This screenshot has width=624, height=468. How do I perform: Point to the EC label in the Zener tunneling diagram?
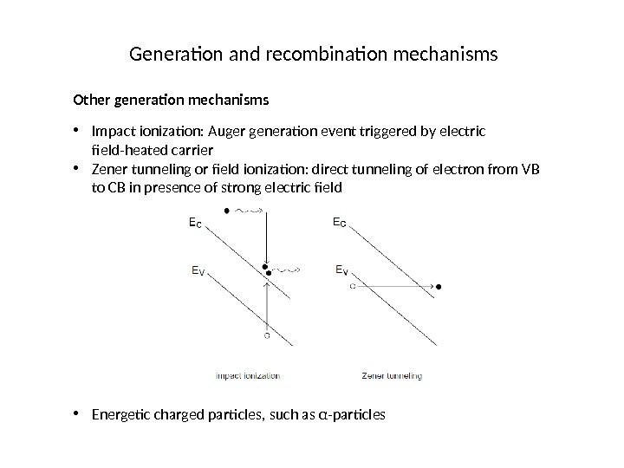pyautogui.click(x=343, y=223)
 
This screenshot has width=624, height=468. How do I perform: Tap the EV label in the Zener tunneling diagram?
pyautogui.click(x=343, y=270)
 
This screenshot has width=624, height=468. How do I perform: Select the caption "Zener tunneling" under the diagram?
pyautogui.click(x=391, y=376)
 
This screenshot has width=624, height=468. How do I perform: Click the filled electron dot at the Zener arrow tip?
pyautogui.click(x=439, y=285)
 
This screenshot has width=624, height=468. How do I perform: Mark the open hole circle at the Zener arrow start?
pyautogui.click(x=353, y=285)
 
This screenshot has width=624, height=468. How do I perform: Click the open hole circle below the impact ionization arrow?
pyautogui.click(x=268, y=335)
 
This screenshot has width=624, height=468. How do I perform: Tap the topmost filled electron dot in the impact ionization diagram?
pyautogui.click(x=227, y=211)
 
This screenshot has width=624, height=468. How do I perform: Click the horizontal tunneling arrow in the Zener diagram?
pyautogui.click(x=394, y=285)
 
